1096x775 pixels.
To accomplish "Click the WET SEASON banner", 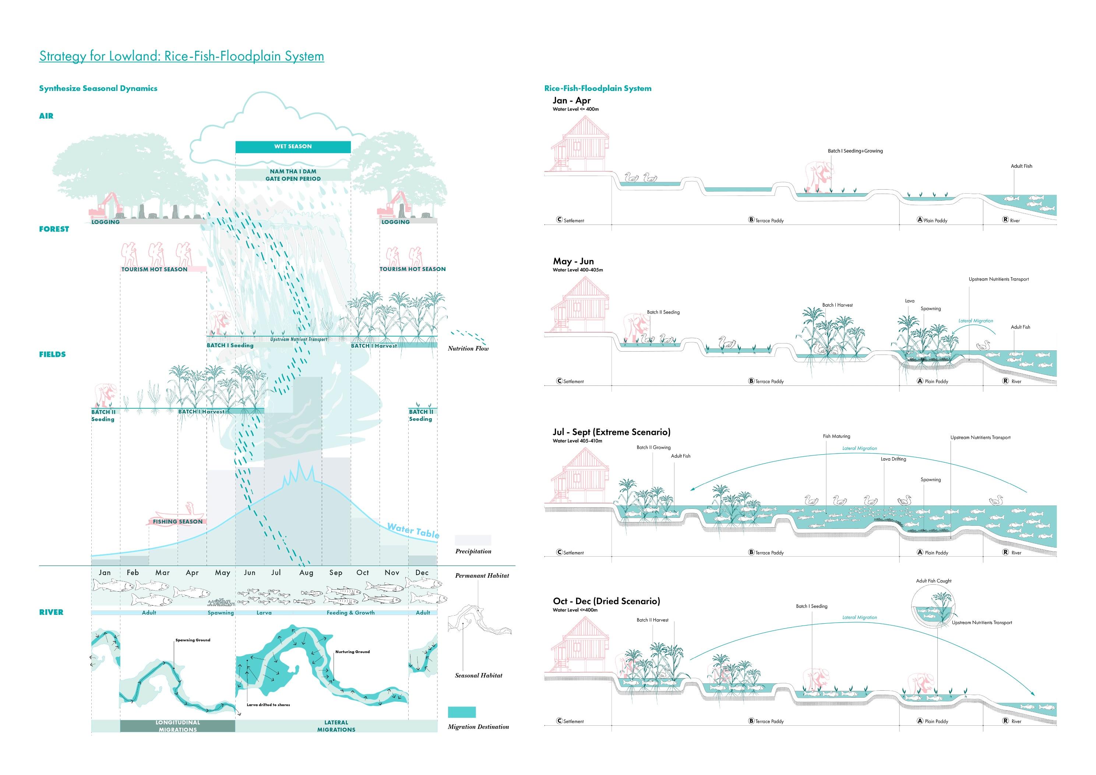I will coord(293,147).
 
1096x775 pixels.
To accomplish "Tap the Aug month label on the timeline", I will coord(306,573).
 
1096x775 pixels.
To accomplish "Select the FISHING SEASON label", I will coord(177,521).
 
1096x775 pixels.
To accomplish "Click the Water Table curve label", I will coord(413,530).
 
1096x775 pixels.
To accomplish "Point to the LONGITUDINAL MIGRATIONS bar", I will coord(177,726).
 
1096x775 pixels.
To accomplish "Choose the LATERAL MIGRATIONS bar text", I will coord(336,726).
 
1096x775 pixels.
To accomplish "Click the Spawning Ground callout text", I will coord(193,640).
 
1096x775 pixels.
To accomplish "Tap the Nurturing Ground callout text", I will coord(352,651).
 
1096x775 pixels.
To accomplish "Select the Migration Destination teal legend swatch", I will coord(462,712).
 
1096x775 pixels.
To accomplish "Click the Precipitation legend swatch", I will coord(473,540).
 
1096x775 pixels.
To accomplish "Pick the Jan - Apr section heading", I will coord(571,101).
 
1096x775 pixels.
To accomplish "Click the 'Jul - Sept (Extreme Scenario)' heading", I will coord(612,432).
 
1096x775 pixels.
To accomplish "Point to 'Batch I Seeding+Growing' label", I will coord(855,151).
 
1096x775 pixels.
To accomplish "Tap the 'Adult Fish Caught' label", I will coord(933,581).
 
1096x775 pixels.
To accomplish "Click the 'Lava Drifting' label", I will coord(893,459).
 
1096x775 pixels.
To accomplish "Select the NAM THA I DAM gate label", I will coord(293,175).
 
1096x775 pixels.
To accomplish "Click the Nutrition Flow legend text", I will coord(468,349).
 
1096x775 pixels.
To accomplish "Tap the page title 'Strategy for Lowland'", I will coord(182,56).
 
